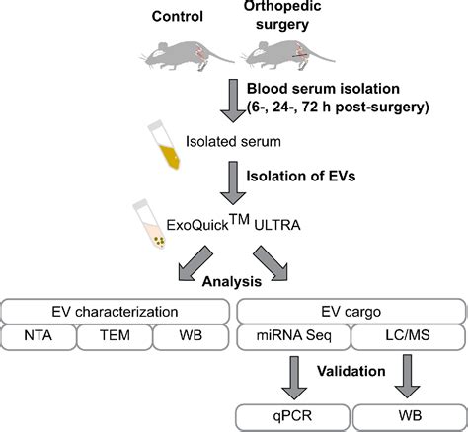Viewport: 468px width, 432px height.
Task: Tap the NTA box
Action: [x=39, y=336]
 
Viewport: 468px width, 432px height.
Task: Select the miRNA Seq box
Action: [x=293, y=336]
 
